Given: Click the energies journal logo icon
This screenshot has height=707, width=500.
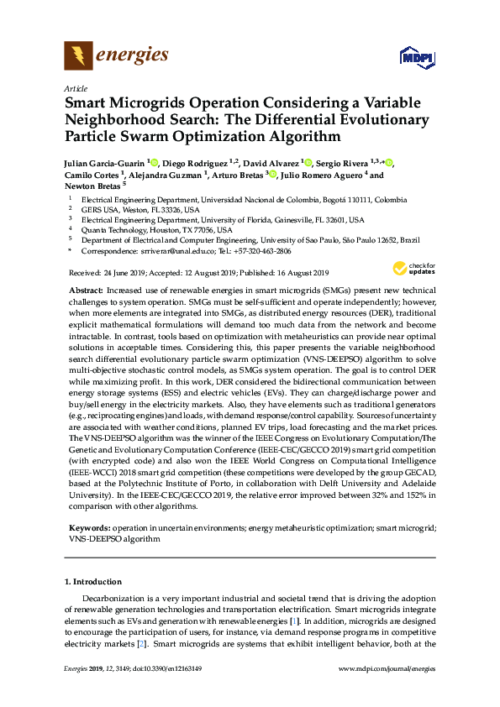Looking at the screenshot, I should [x=78, y=56].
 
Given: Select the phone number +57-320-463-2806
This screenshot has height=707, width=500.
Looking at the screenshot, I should [x=263, y=251].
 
